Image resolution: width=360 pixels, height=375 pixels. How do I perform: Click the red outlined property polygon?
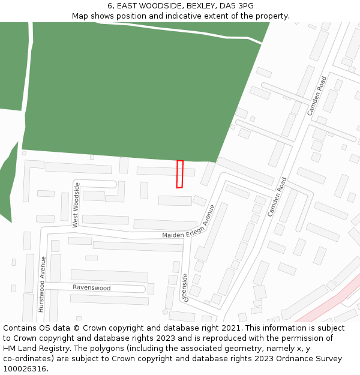click(x=179, y=174)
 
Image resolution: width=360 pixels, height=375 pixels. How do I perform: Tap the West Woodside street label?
click(x=76, y=205)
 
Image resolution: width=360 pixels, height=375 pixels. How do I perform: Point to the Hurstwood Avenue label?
click(x=42, y=284)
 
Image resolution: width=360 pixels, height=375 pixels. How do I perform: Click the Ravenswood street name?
click(x=92, y=288)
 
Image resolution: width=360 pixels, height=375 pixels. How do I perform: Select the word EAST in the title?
click(x=128, y=6)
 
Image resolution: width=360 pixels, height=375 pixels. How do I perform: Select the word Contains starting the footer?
click(x=21, y=328)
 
